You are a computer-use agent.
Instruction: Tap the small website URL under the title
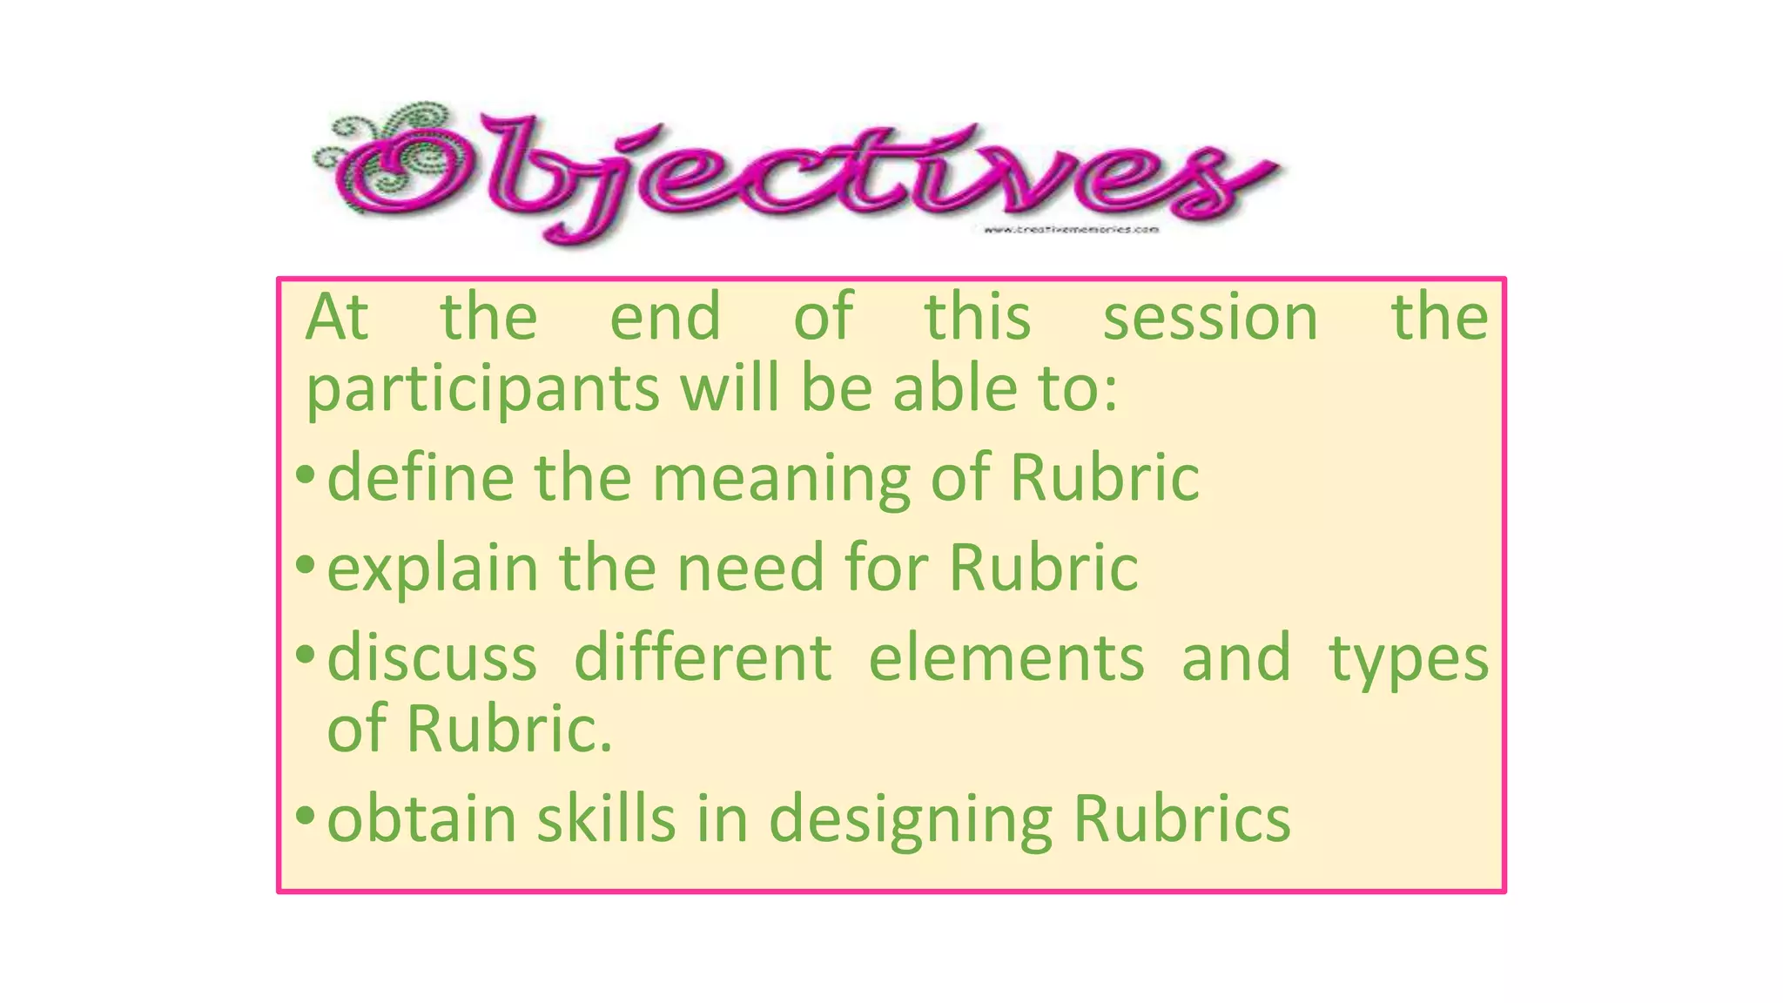click(x=1071, y=230)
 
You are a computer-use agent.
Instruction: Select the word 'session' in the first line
click(x=1210, y=318)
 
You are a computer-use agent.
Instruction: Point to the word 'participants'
click(x=482, y=389)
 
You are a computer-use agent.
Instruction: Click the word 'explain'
click(x=433, y=569)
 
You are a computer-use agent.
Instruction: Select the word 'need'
click(x=750, y=568)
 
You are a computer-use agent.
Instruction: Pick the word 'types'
click(x=1408, y=660)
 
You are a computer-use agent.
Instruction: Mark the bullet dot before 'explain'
click(x=305, y=565)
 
